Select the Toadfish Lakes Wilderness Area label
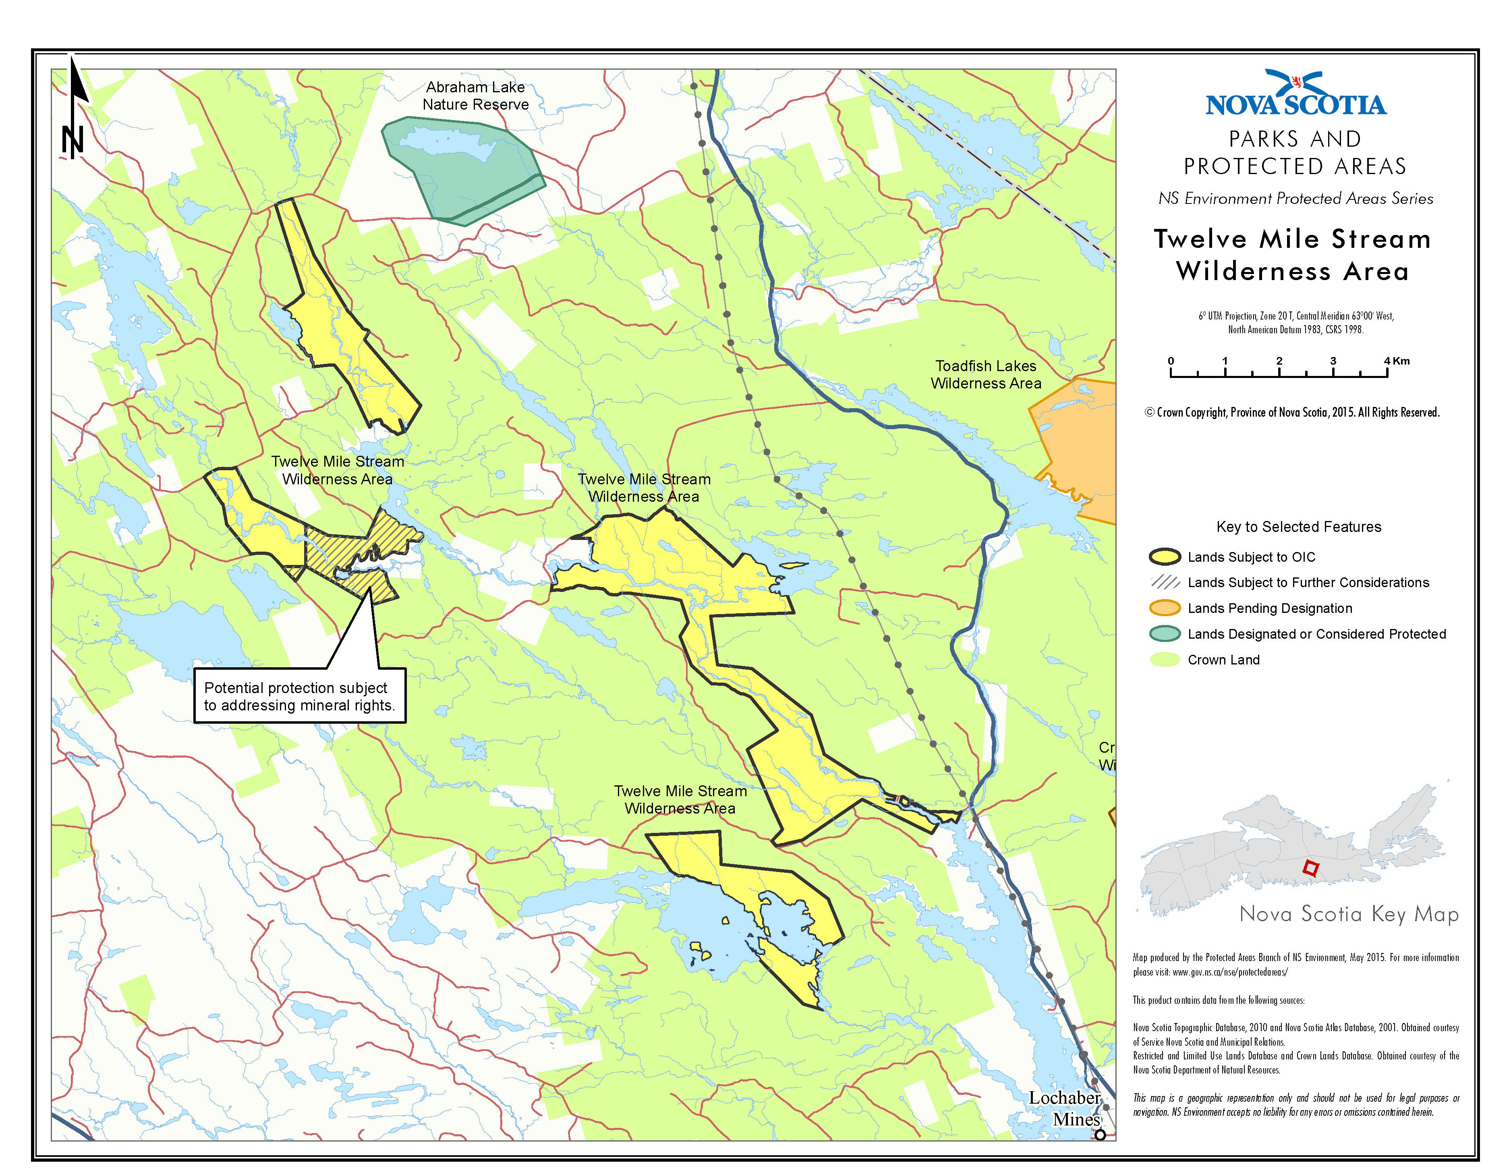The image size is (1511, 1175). [985, 374]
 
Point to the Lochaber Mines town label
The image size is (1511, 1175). [1065, 1108]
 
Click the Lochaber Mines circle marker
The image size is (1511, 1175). [1100, 1134]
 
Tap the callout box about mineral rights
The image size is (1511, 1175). [299, 696]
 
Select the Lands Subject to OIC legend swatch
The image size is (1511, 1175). [1165, 556]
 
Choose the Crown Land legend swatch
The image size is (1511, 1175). [1165, 660]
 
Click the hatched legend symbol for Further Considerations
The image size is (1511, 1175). [1165, 582]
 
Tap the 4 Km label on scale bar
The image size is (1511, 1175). [1395, 361]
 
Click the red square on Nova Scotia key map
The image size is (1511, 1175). [1310, 868]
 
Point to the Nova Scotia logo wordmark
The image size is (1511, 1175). [1295, 104]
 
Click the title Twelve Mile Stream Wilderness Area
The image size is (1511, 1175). [1292, 255]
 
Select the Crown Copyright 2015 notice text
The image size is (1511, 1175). [1292, 413]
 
